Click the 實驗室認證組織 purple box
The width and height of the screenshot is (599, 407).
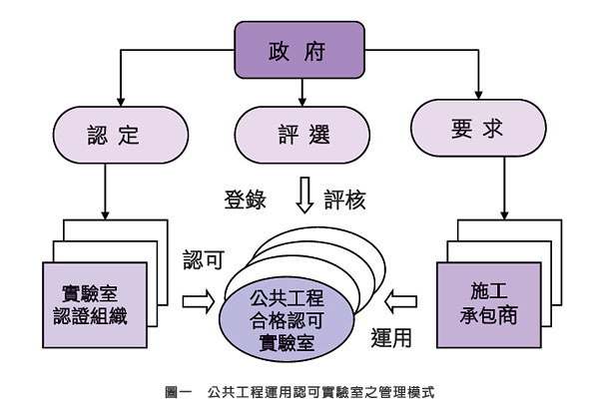[98, 305]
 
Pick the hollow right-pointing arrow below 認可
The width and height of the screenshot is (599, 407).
[198, 299]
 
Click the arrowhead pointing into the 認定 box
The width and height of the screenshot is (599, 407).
[120, 103]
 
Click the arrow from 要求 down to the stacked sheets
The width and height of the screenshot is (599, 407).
[505, 190]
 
